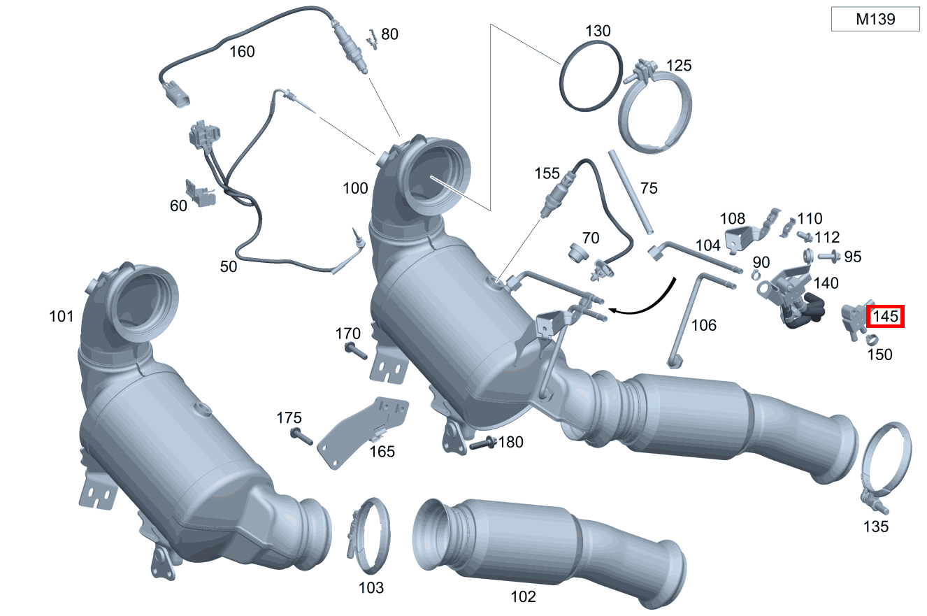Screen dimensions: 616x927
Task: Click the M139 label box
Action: point(875,20)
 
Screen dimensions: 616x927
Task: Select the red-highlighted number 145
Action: point(886,317)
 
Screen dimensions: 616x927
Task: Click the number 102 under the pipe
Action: point(523,596)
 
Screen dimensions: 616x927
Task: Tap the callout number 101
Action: point(62,317)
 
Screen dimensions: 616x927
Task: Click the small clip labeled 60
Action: point(199,194)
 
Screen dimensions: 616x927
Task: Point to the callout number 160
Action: point(242,51)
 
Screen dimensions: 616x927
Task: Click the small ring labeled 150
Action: point(872,340)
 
